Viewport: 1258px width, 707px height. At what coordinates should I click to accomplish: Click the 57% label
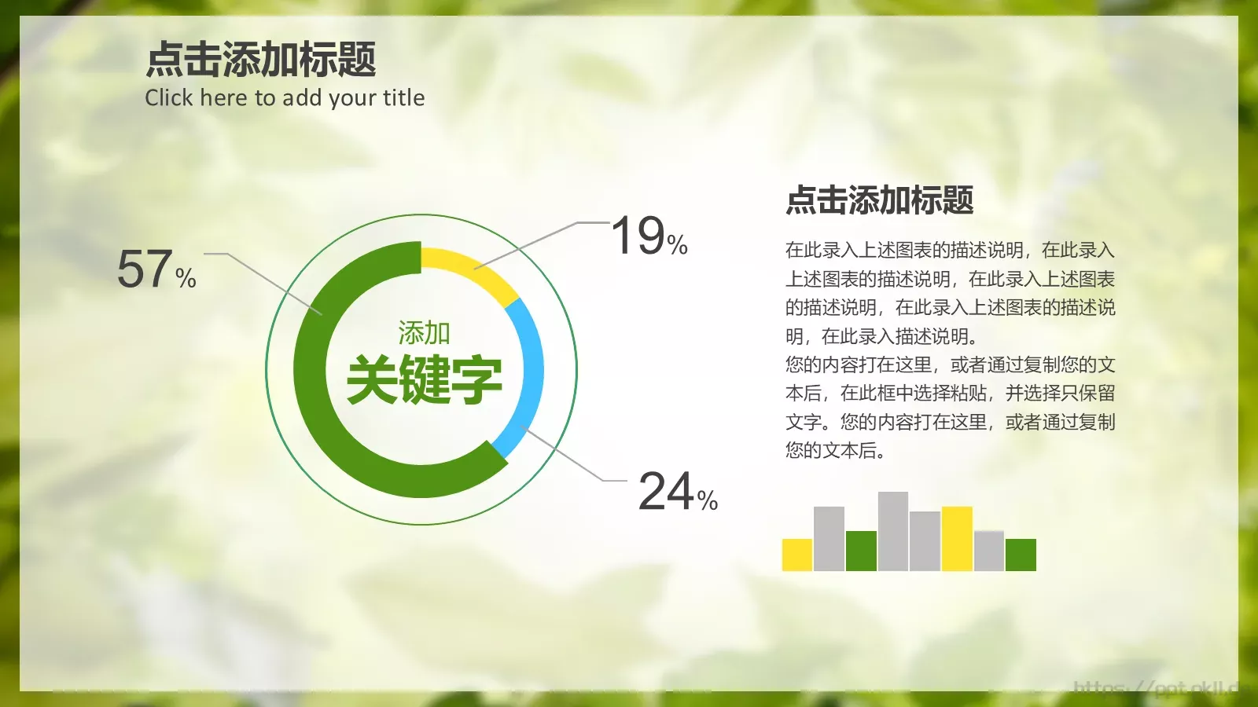(156, 269)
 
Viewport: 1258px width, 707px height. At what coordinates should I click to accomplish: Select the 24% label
(677, 492)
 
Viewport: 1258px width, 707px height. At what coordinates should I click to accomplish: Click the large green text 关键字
(424, 379)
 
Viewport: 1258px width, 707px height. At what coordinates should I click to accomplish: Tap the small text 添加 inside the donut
(424, 333)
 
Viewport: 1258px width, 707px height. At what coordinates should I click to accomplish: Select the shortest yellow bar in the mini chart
(796, 555)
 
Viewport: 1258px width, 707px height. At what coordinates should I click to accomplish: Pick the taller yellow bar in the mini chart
(957, 539)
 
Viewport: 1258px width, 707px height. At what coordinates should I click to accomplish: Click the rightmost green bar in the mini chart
(1021, 555)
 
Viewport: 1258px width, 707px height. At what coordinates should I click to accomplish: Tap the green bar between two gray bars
(861, 551)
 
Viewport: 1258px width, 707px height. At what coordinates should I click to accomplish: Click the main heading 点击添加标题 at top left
(261, 60)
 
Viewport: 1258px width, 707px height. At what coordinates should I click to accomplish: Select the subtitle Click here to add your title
(285, 98)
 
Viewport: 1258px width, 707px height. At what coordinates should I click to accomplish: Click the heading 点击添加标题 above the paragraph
(880, 200)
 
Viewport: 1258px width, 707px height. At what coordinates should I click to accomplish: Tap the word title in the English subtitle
(403, 98)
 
